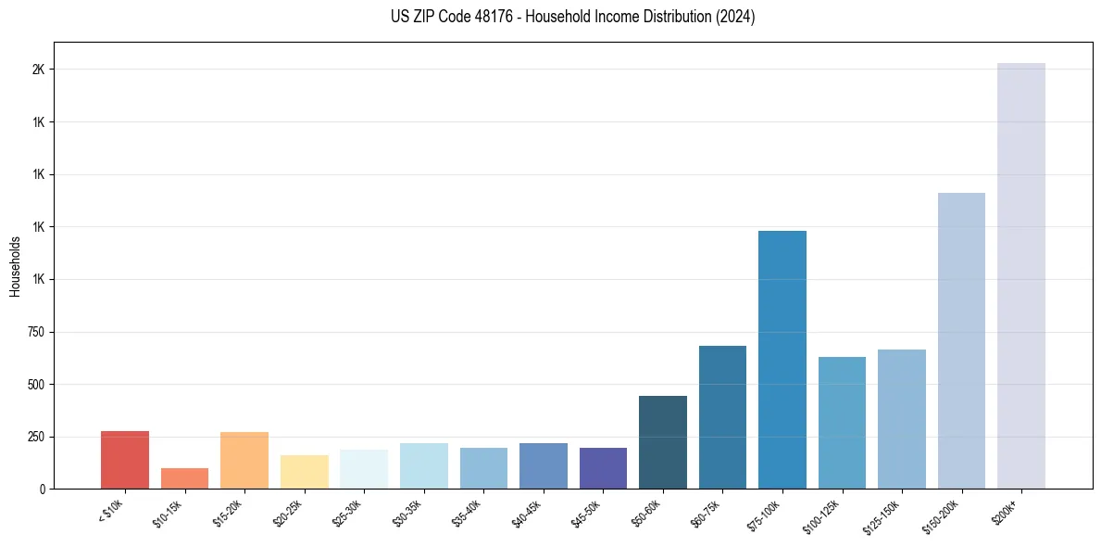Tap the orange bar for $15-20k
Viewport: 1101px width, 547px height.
(244, 461)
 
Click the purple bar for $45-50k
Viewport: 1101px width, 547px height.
(603, 468)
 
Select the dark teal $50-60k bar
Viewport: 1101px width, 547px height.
(663, 442)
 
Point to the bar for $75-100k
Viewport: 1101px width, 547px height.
(782, 360)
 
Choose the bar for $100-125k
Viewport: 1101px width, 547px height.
(842, 423)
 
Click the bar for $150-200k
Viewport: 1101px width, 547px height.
(961, 340)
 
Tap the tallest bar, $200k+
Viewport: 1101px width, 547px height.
(1021, 275)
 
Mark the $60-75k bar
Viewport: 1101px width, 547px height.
(722, 417)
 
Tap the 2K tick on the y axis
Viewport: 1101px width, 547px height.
(38, 70)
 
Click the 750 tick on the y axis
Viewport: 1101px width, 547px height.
(35, 332)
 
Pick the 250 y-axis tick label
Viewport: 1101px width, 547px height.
(35, 437)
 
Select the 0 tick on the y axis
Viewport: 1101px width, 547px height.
(43, 489)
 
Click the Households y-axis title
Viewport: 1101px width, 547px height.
(15, 266)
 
